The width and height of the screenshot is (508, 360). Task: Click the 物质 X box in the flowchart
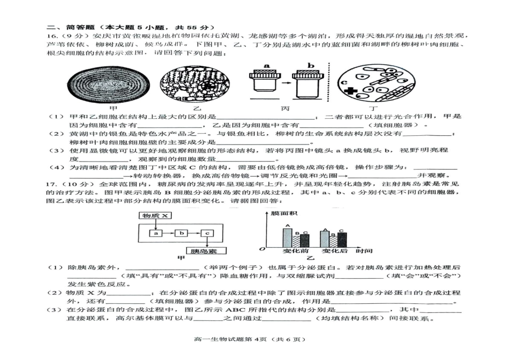[153, 216]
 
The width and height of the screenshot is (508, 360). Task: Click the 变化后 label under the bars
[334, 251]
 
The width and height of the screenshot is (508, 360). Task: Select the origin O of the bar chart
[262, 249]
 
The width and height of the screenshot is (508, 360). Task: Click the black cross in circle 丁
[350, 91]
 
